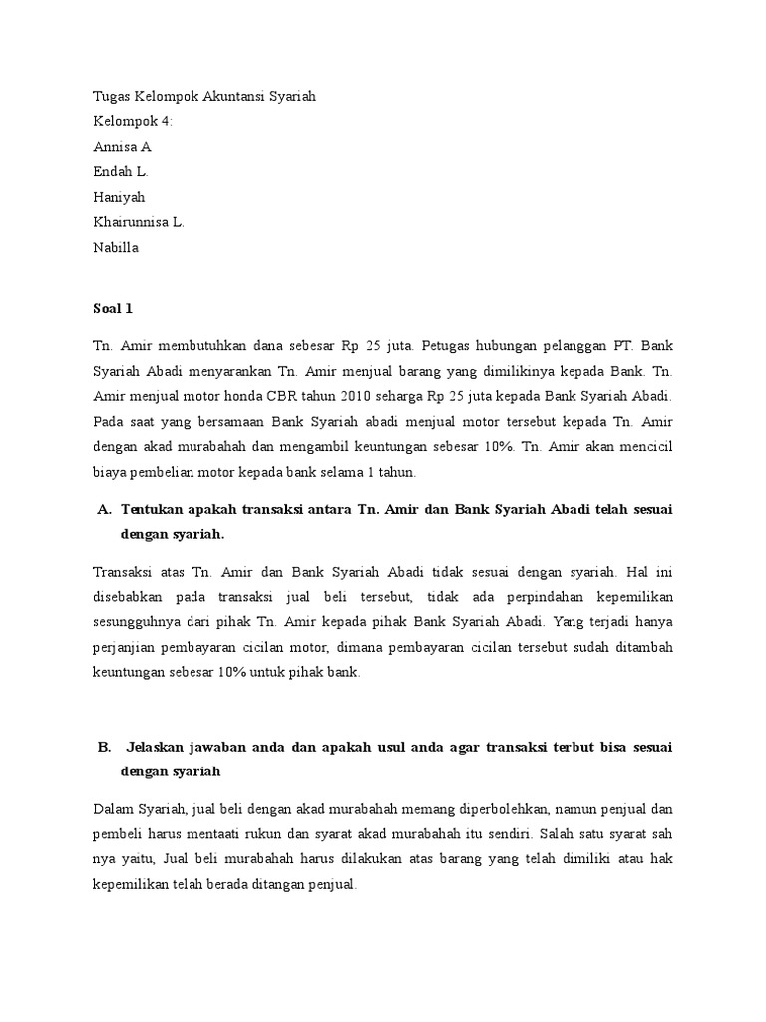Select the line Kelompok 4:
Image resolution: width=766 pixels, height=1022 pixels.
[132, 121]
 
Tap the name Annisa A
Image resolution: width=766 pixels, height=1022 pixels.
[122, 146]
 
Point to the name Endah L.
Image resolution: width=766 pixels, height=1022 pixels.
[121, 171]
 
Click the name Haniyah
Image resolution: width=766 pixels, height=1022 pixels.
[118, 197]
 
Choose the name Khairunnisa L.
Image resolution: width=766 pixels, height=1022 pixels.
[138, 222]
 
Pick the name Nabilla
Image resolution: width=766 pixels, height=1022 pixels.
[115, 247]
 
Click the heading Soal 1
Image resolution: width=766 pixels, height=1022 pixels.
[112, 309]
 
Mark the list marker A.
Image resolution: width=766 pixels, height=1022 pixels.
[103, 509]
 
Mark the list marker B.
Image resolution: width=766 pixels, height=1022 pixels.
[102, 747]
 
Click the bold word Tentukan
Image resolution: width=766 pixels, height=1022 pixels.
[152, 509]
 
